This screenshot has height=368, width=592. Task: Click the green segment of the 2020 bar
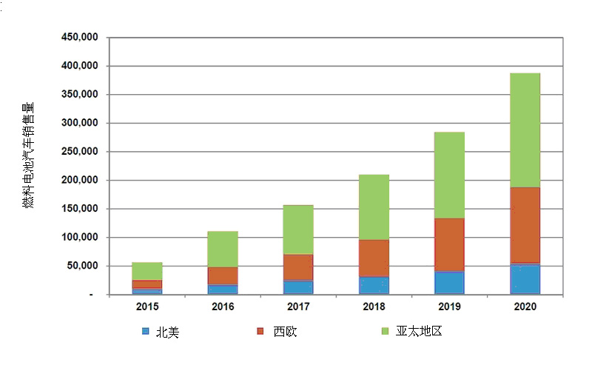525,130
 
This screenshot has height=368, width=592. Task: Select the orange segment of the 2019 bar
449,244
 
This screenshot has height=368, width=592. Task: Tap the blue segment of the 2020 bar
525,278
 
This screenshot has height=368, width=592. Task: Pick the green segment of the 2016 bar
223,249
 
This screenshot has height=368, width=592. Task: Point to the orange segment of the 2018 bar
374,258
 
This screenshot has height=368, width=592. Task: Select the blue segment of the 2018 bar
374,285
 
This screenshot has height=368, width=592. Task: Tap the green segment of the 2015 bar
147,271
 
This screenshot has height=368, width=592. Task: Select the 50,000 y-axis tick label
82,266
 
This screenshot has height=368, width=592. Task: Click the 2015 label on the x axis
147,306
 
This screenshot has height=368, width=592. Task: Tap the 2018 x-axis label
374,306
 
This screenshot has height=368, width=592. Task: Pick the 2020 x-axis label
525,306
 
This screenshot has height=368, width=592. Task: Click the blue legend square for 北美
145,332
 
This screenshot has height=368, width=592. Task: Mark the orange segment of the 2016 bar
223,275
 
